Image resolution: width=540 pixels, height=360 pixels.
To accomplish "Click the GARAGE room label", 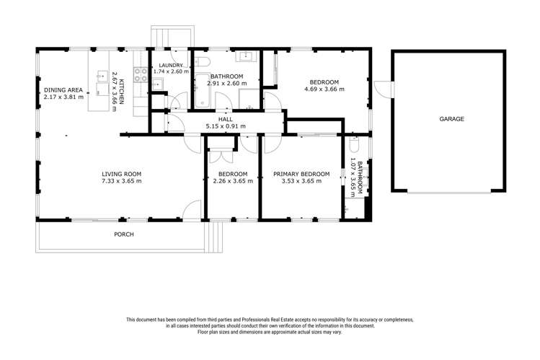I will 451,119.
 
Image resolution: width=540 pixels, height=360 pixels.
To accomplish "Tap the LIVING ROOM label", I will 120,174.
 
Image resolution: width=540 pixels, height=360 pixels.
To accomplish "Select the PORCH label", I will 124,234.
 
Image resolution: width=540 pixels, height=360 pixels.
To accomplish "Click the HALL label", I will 226,120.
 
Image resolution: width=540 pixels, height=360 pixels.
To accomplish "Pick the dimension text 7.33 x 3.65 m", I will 120,181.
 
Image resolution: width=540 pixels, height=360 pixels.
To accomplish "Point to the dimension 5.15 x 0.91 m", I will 226,126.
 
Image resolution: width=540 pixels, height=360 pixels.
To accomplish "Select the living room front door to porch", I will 192,210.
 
